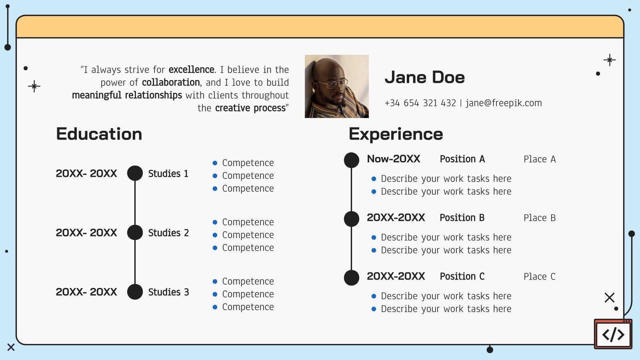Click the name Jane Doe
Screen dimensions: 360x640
click(x=424, y=77)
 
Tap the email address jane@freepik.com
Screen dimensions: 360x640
click(x=504, y=103)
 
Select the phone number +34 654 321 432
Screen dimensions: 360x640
click(x=420, y=103)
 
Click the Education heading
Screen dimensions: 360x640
click(x=99, y=134)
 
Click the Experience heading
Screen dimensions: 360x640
click(x=396, y=134)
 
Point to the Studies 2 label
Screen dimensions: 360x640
click(x=168, y=233)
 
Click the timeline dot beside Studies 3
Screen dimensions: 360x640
click(x=135, y=292)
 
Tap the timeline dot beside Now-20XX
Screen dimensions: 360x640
click(x=352, y=160)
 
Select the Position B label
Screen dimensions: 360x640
click(x=462, y=218)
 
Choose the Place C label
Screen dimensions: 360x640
click(x=539, y=276)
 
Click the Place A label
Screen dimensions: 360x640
click(x=539, y=159)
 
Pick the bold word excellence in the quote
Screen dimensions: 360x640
click(x=191, y=70)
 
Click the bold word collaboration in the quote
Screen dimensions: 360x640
click(x=171, y=82)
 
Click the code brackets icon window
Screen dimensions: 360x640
click(x=613, y=334)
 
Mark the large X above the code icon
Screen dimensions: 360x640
click(x=609, y=298)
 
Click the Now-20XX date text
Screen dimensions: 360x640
click(x=393, y=159)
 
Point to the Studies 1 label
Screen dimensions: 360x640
click(x=168, y=174)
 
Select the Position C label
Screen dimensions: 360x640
click(x=462, y=276)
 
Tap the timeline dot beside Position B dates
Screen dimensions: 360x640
click(x=352, y=219)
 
